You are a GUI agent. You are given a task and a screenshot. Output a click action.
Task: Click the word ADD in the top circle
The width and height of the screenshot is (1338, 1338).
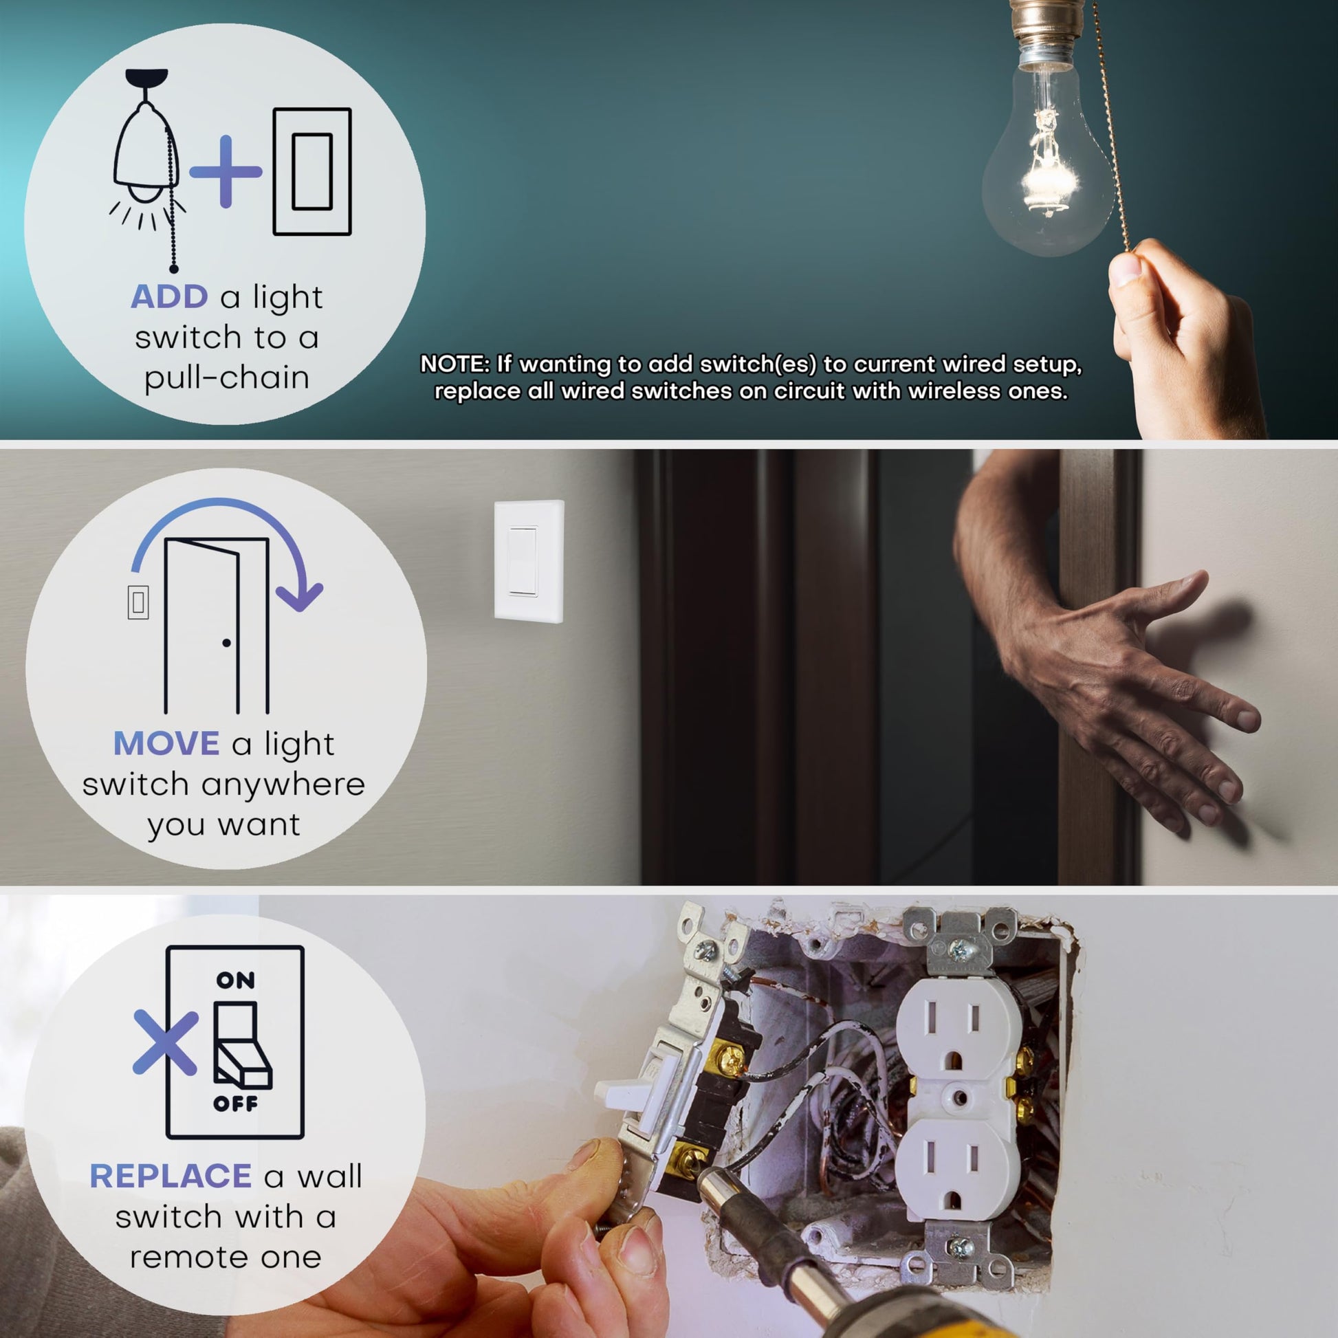169,297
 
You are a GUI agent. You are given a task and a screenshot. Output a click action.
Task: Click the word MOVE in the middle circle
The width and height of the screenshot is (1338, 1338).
166,744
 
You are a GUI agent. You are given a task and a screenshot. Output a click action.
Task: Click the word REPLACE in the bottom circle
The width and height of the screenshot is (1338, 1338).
171,1176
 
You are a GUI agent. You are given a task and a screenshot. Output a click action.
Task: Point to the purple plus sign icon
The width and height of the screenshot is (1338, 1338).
225,172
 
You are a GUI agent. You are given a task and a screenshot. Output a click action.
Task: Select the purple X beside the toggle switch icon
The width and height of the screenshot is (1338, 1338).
166,1042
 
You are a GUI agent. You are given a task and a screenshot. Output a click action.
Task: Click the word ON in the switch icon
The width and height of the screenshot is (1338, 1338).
235,980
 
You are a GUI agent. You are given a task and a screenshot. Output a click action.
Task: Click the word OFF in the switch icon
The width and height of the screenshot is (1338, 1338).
235,1104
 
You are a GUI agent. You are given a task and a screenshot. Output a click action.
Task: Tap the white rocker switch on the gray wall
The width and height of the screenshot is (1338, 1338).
522,562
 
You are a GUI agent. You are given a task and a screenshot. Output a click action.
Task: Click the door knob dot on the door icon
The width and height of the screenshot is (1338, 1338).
226,643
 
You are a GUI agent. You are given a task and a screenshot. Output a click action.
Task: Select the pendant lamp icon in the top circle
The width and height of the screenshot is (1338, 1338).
147,170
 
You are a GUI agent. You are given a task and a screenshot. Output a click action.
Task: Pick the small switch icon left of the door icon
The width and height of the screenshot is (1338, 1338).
138,602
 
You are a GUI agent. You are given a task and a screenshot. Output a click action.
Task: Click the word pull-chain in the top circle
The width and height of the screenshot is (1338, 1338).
226,378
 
